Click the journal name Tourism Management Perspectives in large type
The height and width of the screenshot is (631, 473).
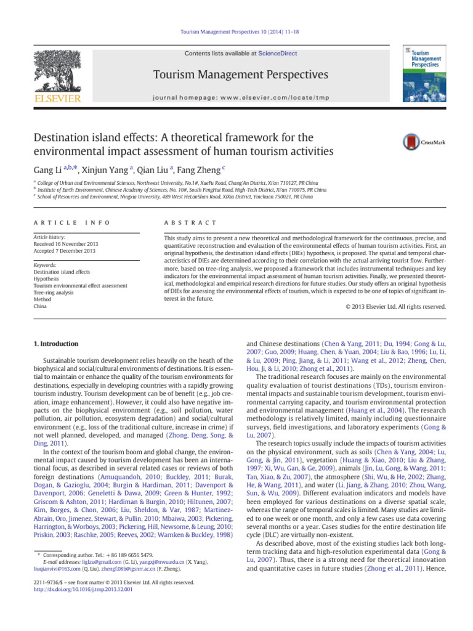(236, 75)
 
